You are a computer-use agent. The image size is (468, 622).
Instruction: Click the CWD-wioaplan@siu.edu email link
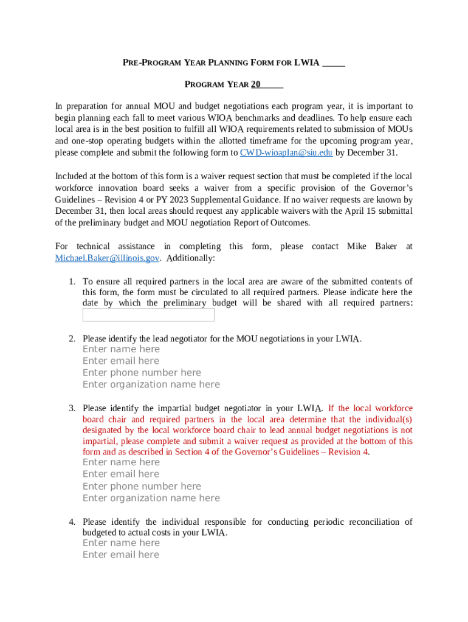tap(286, 152)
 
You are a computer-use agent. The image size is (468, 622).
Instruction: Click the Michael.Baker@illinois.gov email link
tap(107, 258)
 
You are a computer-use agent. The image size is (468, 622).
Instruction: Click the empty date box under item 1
tap(148, 315)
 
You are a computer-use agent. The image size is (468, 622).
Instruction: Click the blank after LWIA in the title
tap(334, 63)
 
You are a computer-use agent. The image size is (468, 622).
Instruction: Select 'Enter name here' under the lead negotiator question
tap(121, 349)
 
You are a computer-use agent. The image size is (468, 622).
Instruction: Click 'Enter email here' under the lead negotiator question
tap(121, 361)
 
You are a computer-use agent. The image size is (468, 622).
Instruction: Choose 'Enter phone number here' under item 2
tap(142, 372)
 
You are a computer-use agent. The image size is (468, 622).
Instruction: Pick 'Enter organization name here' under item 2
tap(151, 384)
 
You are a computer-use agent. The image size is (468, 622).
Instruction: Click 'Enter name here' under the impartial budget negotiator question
tap(121, 462)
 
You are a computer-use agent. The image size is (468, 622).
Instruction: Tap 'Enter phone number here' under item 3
tap(142, 486)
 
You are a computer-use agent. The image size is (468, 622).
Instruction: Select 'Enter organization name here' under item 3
tap(151, 498)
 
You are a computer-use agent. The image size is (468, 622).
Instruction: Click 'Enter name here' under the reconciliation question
tap(121, 543)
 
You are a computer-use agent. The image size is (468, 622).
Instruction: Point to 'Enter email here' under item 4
tap(121, 555)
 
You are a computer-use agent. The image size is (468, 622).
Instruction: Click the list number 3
tap(71, 409)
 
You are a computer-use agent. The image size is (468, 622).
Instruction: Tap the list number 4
tap(71, 522)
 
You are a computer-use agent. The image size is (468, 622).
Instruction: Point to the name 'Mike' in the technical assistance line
tap(357, 247)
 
